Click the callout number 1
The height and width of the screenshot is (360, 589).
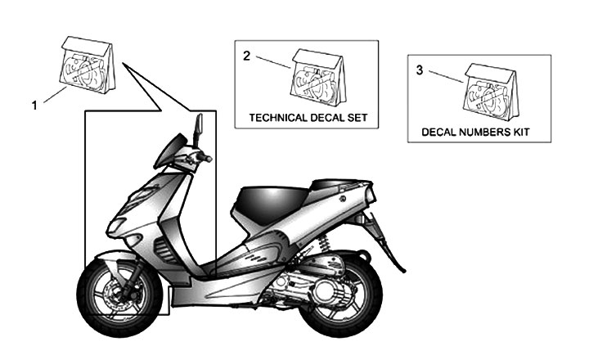tap(34, 105)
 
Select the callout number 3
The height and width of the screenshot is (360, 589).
tap(420, 70)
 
